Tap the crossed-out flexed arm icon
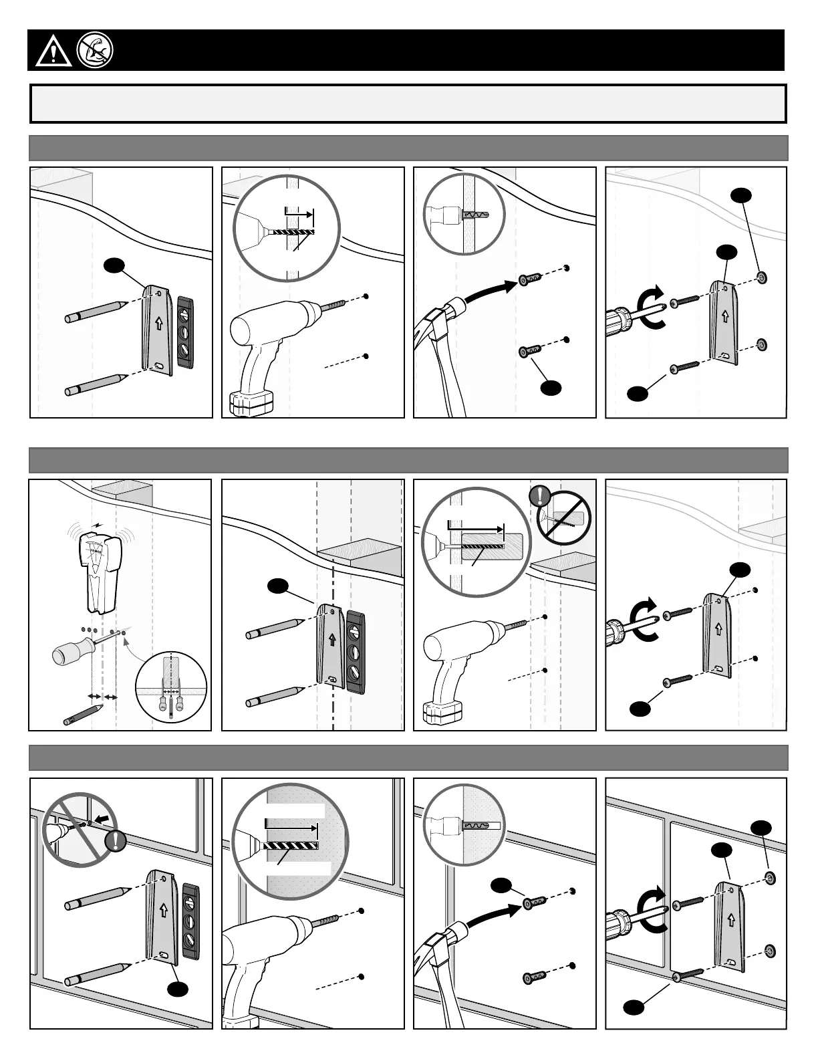(95, 49)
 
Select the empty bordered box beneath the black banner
(408, 104)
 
